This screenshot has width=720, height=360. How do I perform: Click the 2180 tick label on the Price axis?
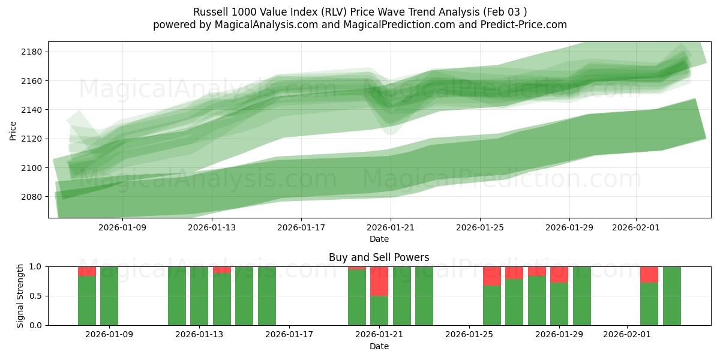[31, 52]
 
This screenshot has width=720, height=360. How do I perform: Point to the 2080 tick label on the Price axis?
[31, 197]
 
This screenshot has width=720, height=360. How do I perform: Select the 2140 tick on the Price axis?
[31, 110]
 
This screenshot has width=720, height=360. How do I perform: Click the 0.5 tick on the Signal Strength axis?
[36, 296]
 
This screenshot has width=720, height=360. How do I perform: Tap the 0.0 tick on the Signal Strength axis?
[36, 325]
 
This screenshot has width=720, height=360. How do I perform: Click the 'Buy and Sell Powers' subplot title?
[379, 257]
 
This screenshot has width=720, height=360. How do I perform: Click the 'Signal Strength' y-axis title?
[20, 296]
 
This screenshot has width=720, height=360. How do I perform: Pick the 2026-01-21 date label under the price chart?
[391, 228]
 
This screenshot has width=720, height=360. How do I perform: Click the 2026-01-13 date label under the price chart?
[212, 228]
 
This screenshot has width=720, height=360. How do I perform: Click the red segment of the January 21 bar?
[379, 281]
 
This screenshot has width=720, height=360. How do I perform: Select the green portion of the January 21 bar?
[379, 311]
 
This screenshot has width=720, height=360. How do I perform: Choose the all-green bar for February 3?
[671, 296]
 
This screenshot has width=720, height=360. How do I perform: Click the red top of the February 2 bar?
[649, 274]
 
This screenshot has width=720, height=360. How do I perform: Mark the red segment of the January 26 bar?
[492, 276]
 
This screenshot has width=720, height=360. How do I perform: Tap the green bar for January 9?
[109, 296]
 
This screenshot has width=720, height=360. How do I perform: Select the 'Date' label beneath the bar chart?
[379, 346]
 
